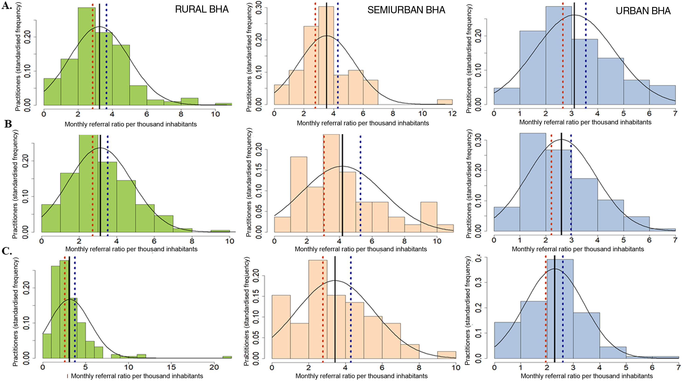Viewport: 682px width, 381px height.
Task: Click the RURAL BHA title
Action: pyautogui.click(x=202, y=10)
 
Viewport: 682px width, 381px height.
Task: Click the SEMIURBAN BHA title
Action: pyautogui.click(x=406, y=10)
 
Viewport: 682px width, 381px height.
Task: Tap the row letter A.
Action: pyautogui.click(x=7, y=6)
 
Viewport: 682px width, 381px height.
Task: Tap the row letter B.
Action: pyautogui.click(x=8, y=124)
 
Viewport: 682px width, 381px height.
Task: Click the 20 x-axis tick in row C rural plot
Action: pyautogui.click(x=214, y=367)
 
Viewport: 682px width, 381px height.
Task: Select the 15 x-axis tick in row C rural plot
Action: pyautogui.click(x=171, y=367)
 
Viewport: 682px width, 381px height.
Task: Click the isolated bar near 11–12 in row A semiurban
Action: pyautogui.click(x=445, y=102)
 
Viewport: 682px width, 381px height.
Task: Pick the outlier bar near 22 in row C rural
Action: pyautogui.click(x=227, y=357)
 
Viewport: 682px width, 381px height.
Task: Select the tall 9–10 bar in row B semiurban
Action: pyautogui.click(x=429, y=217)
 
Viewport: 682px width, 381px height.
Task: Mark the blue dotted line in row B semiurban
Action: pyautogui.click(x=360, y=185)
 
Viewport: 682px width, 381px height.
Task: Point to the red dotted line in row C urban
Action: pyautogui.click(x=546, y=309)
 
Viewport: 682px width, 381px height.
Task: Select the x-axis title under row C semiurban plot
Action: pyautogui.click(x=361, y=376)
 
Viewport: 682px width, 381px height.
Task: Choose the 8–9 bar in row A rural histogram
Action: pyautogui.click(x=190, y=102)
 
